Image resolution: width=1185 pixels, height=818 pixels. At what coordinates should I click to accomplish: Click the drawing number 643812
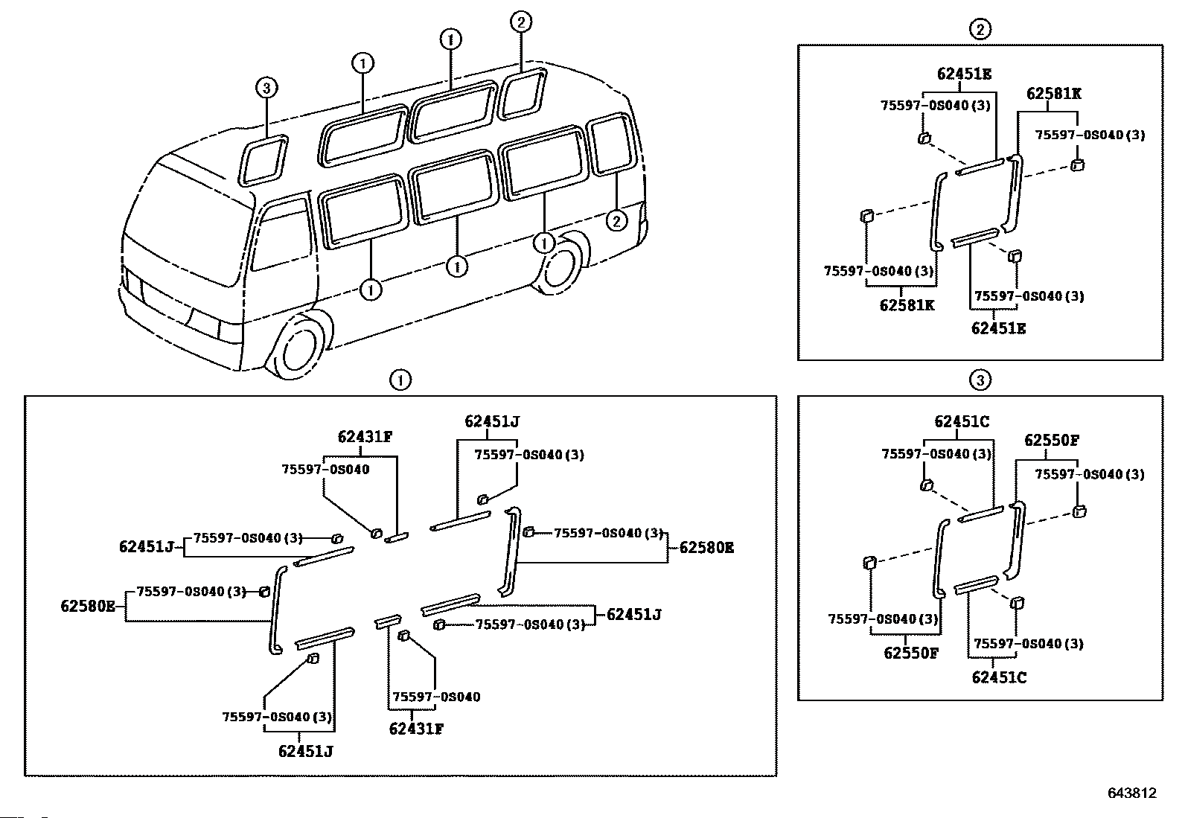[x=1132, y=793]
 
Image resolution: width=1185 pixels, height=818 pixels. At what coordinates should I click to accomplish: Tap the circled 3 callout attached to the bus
[x=266, y=88]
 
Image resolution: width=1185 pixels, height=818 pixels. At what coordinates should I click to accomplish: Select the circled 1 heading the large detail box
[x=400, y=380]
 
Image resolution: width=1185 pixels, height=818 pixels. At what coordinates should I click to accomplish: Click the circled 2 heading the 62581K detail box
[x=980, y=29]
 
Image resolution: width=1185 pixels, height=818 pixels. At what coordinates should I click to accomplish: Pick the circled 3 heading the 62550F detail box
[x=980, y=380]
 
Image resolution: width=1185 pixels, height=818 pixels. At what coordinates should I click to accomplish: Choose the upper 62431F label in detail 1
[x=365, y=437]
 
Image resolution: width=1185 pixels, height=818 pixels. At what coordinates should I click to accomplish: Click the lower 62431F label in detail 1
[x=416, y=729]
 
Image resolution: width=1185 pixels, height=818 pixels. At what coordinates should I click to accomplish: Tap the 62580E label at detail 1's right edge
[x=706, y=547]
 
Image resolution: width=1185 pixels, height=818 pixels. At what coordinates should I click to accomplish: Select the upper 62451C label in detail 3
[x=962, y=422]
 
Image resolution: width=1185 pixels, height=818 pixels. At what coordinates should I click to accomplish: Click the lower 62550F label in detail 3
[x=911, y=653]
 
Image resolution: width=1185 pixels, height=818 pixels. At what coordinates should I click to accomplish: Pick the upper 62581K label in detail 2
[x=1054, y=94]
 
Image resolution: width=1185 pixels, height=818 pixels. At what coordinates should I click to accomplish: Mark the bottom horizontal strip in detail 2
[x=975, y=237]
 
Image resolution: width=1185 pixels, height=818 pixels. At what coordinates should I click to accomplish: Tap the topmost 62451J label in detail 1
[x=492, y=422]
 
